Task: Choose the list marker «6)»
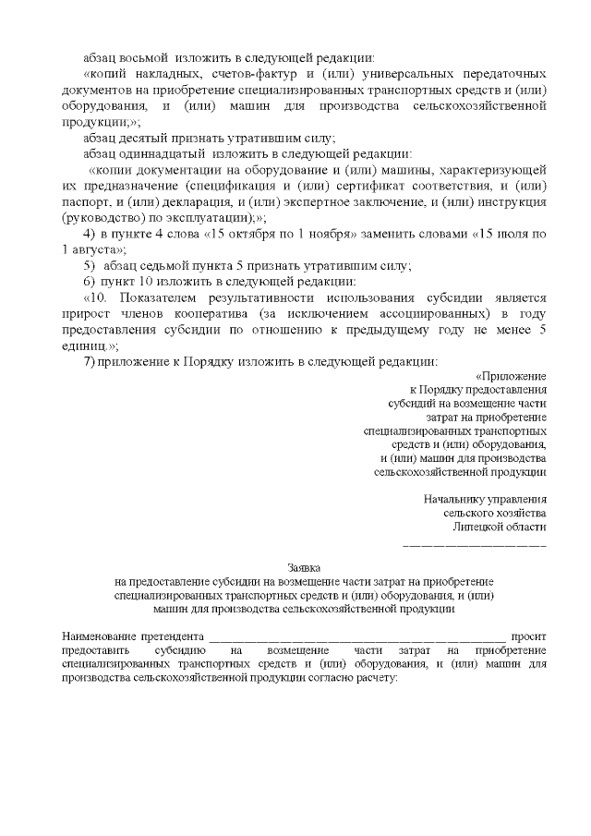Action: click(90, 281)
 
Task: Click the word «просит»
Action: click(529, 636)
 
